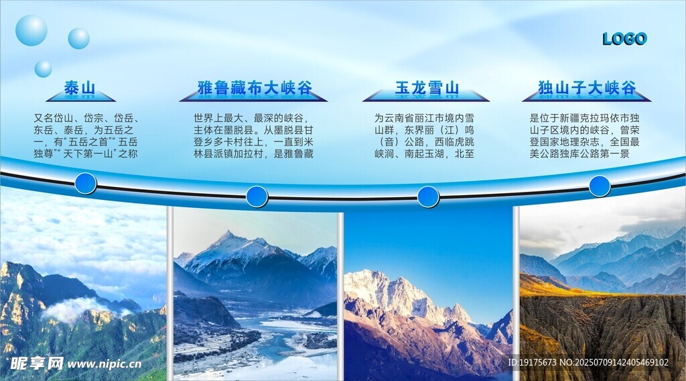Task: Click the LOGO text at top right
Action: point(624,39)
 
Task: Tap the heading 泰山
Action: point(80,88)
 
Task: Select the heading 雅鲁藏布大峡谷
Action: point(255,88)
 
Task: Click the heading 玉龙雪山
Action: point(427,88)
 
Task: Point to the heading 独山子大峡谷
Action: point(587,88)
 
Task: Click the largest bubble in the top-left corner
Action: point(31,30)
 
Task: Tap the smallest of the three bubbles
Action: point(43,68)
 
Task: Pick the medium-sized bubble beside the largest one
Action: point(78,38)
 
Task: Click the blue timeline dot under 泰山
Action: point(86,183)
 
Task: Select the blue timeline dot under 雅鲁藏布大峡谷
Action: point(257,197)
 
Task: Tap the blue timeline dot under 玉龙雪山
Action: point(428,197)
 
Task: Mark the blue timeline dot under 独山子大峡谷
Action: point(600,186)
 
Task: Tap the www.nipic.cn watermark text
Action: point(105,364)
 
